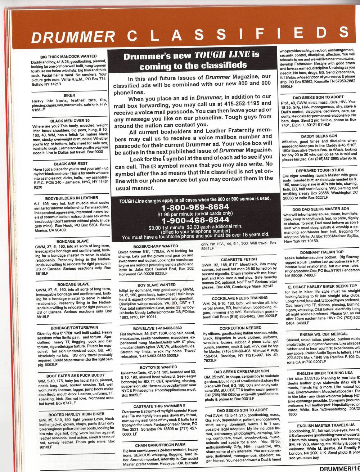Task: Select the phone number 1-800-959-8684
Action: point(195,207)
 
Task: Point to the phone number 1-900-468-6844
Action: point(195,220)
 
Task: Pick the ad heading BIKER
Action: point(69,96)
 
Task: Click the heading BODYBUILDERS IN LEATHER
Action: point(72,198)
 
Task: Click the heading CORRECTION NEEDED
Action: point(235,328)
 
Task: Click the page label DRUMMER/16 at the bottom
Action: point(338,468)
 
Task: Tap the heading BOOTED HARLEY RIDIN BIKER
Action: point(71,414)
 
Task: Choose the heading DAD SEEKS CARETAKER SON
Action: point(236,370)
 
